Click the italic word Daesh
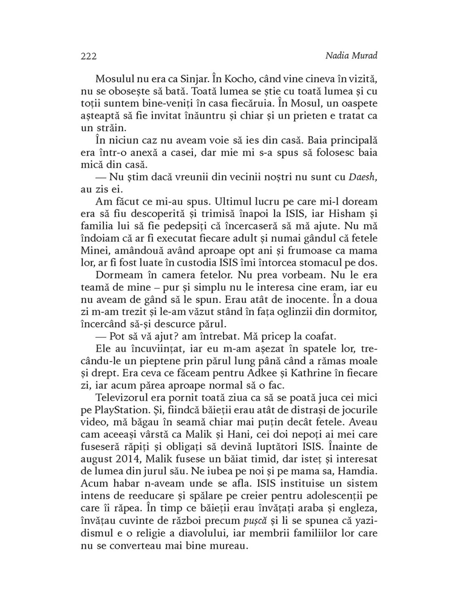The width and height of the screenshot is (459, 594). tap(362, 177)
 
